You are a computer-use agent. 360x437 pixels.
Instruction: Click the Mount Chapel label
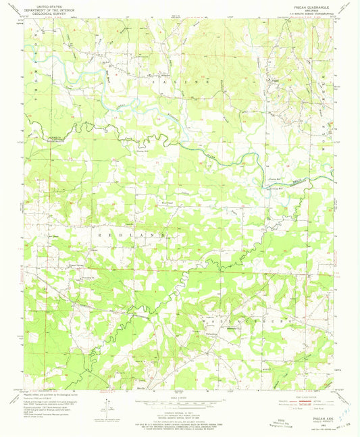tap(166, 201)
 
